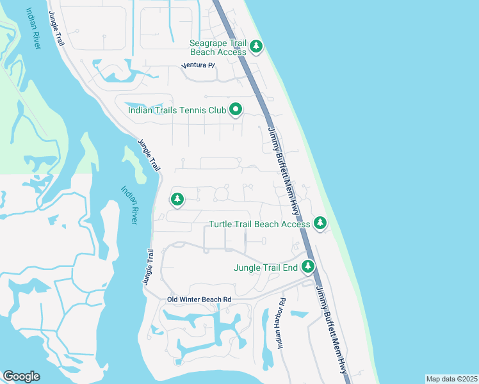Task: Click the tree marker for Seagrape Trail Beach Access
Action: tap(256, 45)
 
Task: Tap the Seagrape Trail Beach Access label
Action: tap(218, 47)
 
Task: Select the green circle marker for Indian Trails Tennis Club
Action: tap(236, 110)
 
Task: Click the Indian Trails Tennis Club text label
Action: tap(177, 110)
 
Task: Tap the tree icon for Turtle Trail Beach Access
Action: tap(320, 223)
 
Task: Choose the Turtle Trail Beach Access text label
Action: tap(260, 224)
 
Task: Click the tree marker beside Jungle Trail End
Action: tap(308, 266)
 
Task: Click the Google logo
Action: tap(21, 376)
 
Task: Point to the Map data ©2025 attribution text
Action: tap(451, 379)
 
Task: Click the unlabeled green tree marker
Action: tap(177, 200)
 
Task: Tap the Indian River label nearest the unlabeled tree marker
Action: tap(129, 205)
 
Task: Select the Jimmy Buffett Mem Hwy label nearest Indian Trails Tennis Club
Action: tap(283, 170)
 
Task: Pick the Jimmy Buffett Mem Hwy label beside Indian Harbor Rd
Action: tap(331, 330)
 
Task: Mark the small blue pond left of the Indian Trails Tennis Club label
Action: tap(135, 106)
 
